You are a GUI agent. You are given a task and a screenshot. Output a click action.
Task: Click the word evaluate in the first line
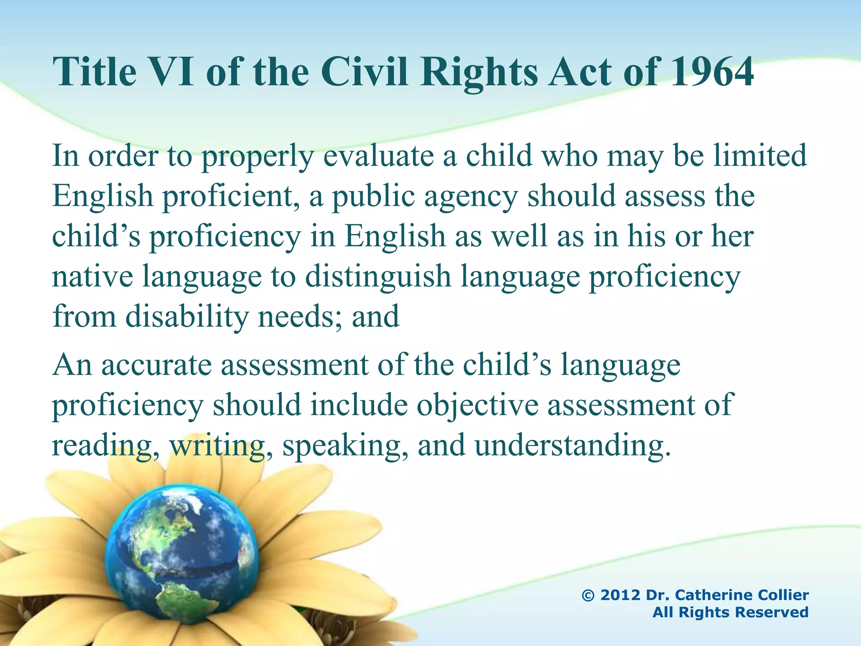[378, 156]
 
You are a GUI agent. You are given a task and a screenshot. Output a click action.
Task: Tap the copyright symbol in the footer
[589, 596]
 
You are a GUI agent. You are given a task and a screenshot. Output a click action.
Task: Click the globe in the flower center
[181, 555]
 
